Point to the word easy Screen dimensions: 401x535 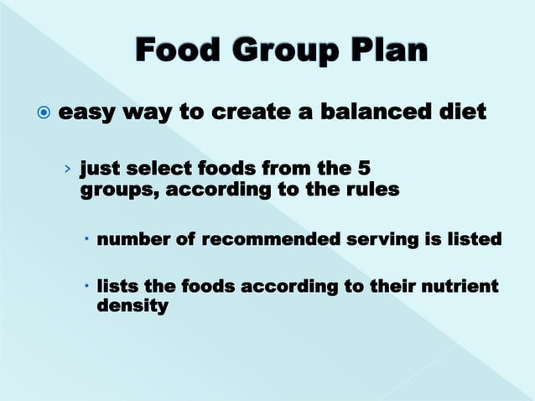tap(89, 112)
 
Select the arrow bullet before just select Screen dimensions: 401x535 tap(67, 169)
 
